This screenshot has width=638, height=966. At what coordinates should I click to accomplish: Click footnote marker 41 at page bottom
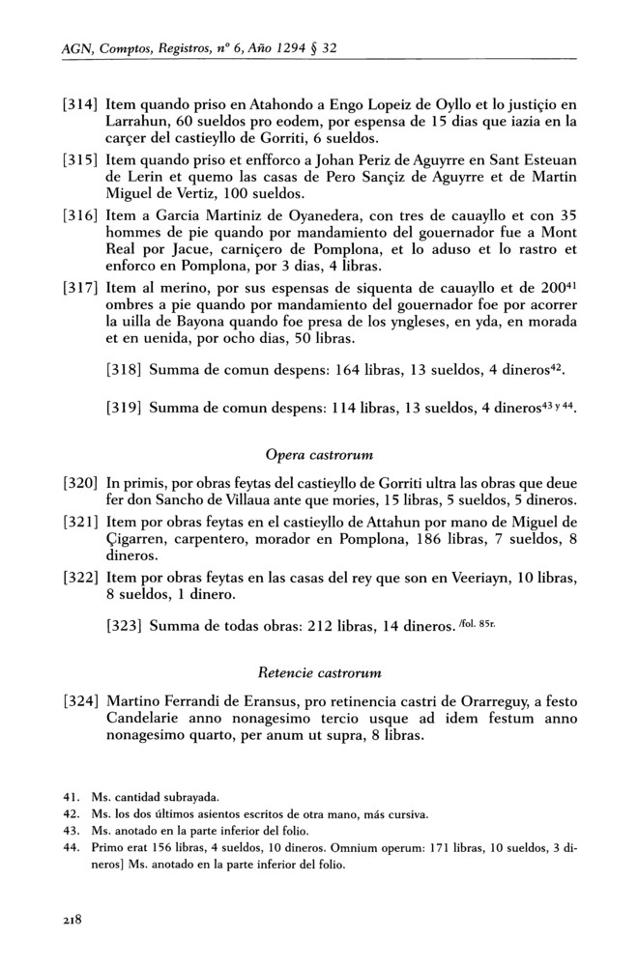pyautogui.click(x=70, y=798)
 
